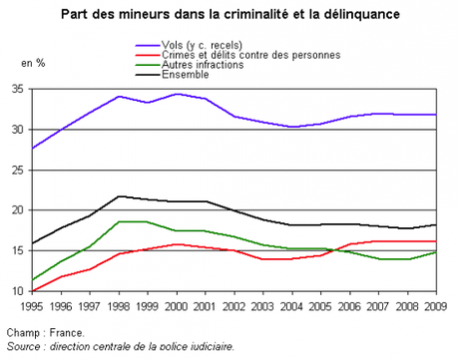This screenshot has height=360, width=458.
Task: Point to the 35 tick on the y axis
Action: pos(18,89)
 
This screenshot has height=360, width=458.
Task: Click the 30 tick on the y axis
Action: pos(18,130)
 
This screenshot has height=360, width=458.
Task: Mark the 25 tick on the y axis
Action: pos(18,170)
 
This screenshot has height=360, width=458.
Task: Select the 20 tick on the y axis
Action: pos(18,210)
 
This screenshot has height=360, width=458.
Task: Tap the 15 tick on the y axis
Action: pos(18,251)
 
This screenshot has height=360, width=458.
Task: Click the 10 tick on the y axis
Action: pos(18,291)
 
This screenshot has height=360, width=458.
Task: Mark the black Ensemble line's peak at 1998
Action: pos(119,196)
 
